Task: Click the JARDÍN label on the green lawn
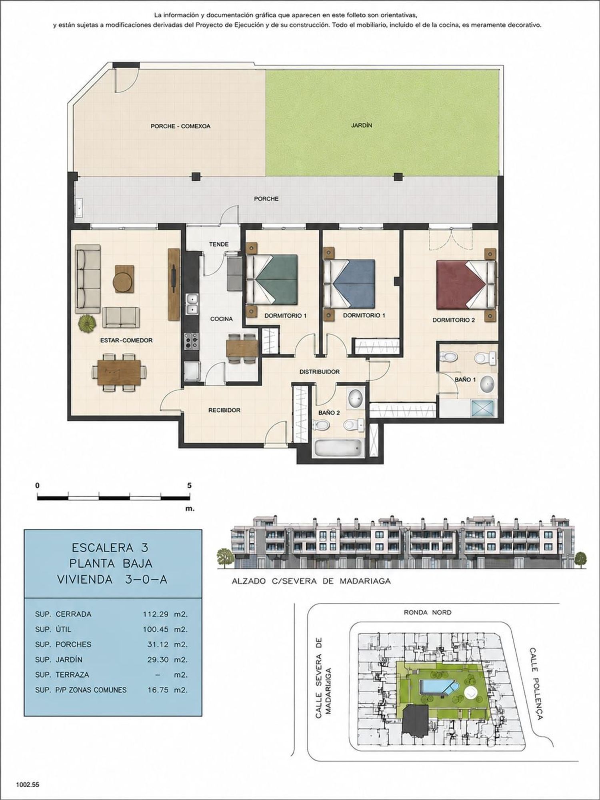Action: pyautogui.click(x=362, y=125)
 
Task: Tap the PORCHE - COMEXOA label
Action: pyautogui.click(x=180, y=126)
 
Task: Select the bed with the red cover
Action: pyautogui.click(x=466, y=284)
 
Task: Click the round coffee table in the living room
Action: pyautogui.click(x=123, y=282)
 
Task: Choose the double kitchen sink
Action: pyautogui.click(x=192, y=304)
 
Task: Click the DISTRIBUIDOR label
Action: pyautogui.click(x=320, y=372)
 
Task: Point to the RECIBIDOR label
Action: pyautogui.click(x=224, y=410)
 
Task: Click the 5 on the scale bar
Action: pyautogui.click(x=189, y=486)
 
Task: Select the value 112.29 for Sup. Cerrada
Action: pyautogui.click(x=156, y=614)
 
